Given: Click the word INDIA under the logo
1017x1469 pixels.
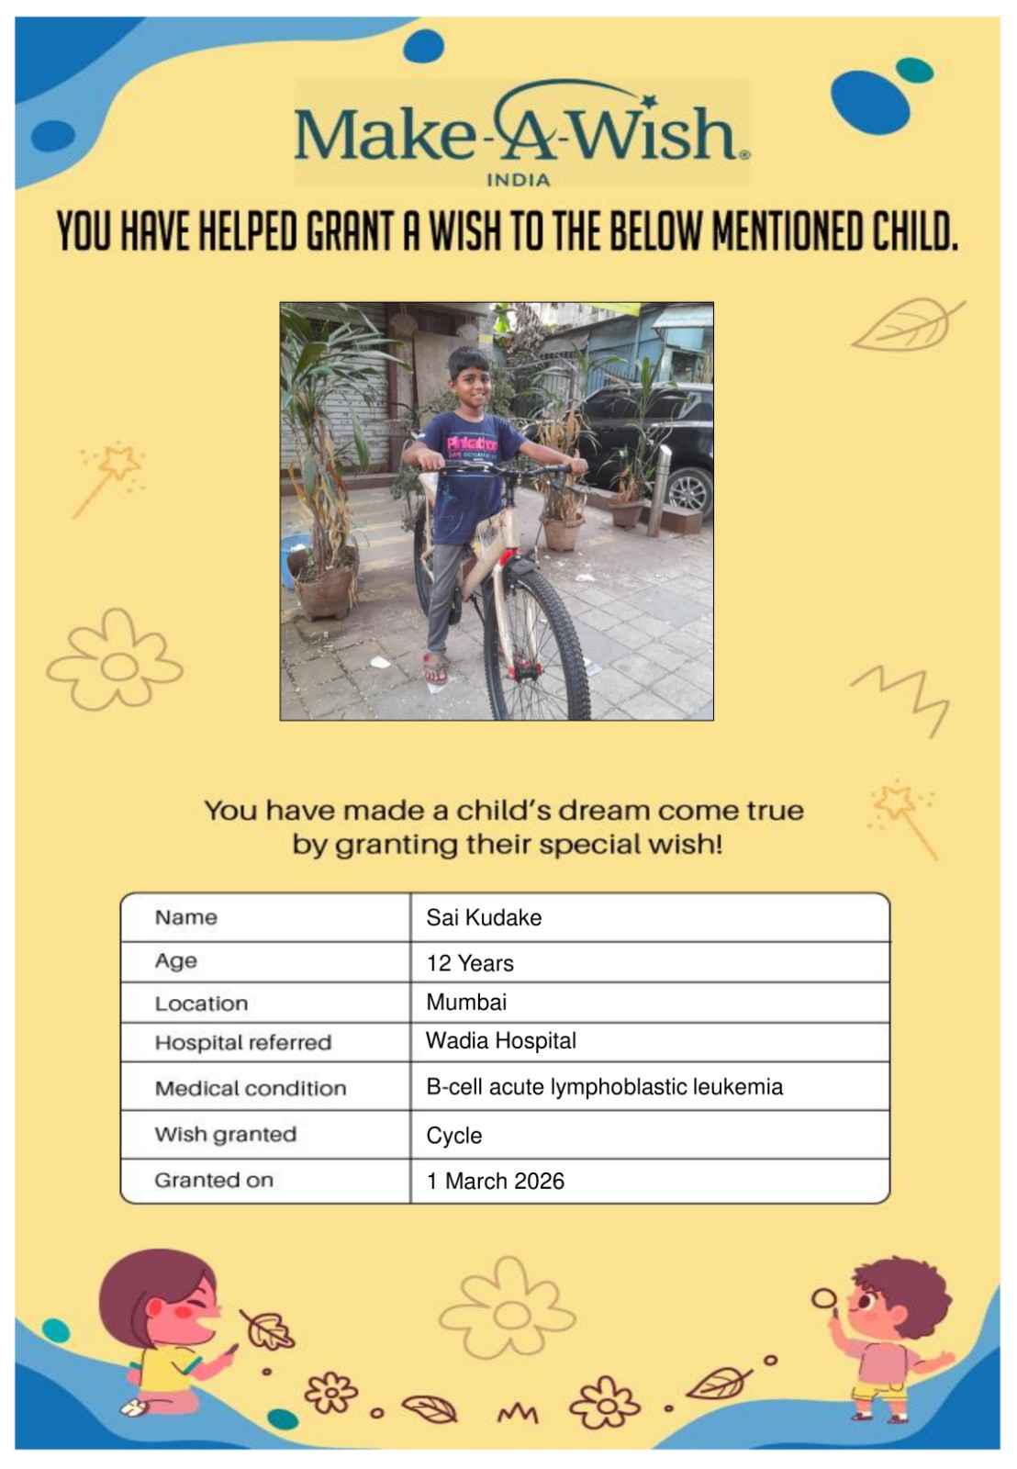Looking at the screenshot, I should tap(518, 180).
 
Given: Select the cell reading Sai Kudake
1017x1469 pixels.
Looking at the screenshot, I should tap(484, 917).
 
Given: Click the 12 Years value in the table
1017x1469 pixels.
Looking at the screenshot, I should tap(470, 963).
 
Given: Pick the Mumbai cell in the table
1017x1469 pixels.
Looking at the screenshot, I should tap(466, 1002).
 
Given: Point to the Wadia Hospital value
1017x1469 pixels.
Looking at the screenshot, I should tap(501, 1040).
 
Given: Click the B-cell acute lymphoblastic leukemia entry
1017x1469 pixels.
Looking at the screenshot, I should tap(604, 1087).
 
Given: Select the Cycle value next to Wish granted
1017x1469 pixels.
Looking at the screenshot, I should tap(454, 1136).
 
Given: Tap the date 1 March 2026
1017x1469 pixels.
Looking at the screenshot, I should tap(496, 1181).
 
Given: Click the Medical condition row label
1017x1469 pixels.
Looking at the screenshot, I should tap(251, 1088).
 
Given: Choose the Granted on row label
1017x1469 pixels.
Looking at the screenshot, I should tap(214, 1180).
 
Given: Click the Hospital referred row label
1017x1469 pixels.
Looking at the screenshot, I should tap(243, 1042).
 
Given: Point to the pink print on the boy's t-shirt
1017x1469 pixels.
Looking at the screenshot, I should tap(472, 444).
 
